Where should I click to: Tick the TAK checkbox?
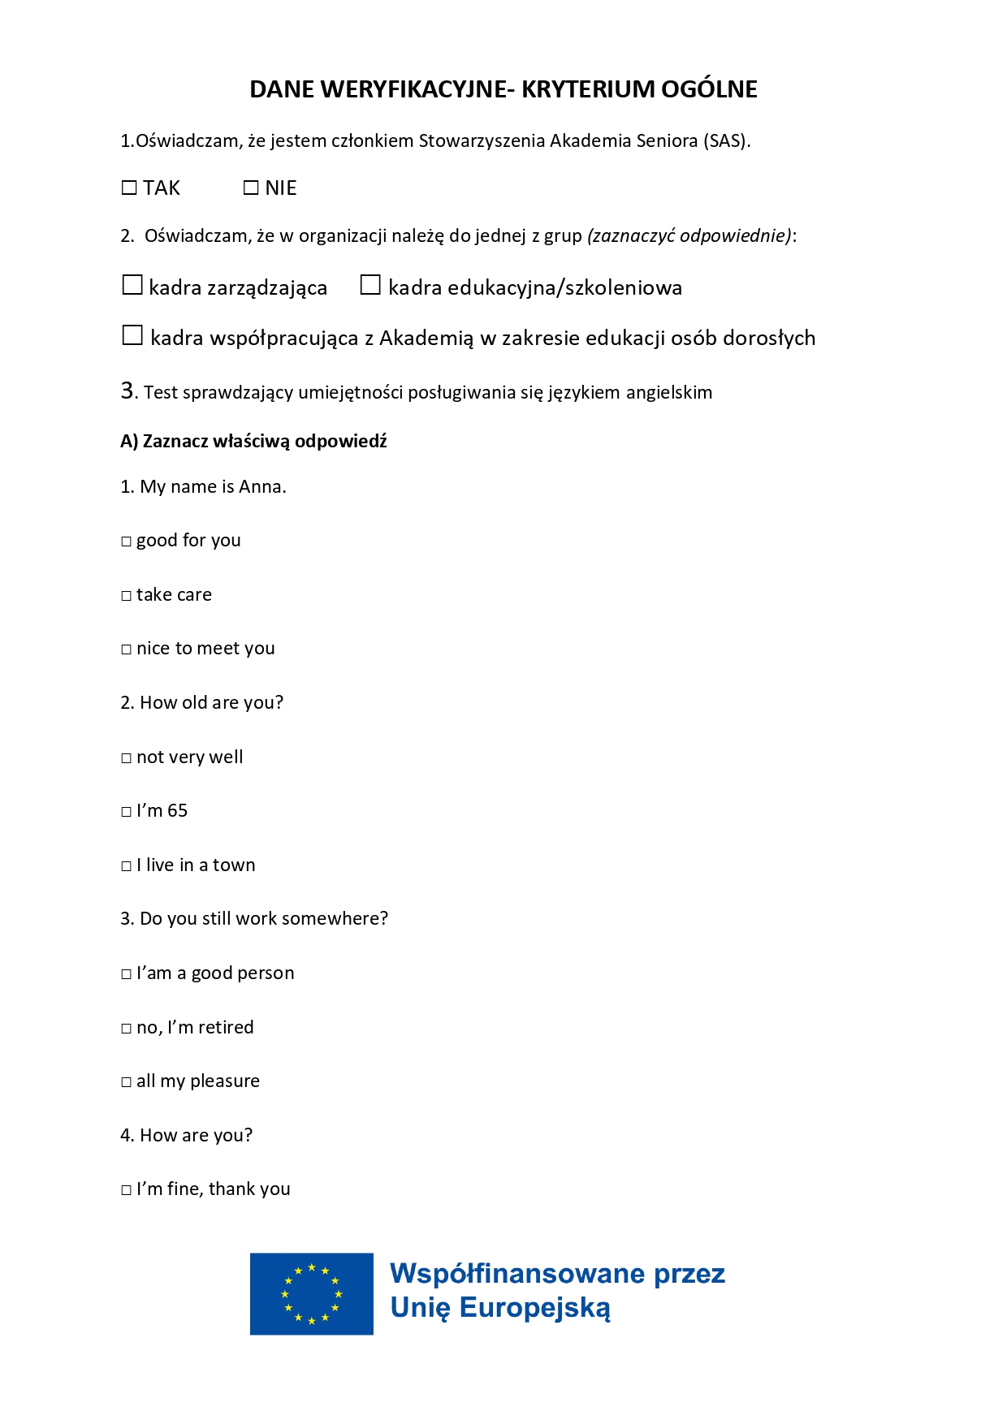(129, 188)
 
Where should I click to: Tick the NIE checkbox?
(251, 188)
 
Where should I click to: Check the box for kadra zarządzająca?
(132, 285)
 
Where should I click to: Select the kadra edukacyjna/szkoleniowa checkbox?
(370, 285)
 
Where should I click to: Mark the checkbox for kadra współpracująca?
(132, 335)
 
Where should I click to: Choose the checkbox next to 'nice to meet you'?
(126, 649)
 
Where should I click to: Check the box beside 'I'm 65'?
(126, 812)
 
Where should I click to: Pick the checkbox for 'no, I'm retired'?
(126, 1029)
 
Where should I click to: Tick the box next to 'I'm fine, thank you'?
(126, 1190)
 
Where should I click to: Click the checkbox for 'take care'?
(126, 596)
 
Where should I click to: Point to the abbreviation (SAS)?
(726, 141)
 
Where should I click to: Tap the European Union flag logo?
(312, 1293)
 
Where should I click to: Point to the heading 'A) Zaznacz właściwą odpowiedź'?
(253, 442)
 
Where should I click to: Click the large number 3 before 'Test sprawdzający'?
(128, 391)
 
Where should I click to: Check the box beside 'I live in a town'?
(126, 866)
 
